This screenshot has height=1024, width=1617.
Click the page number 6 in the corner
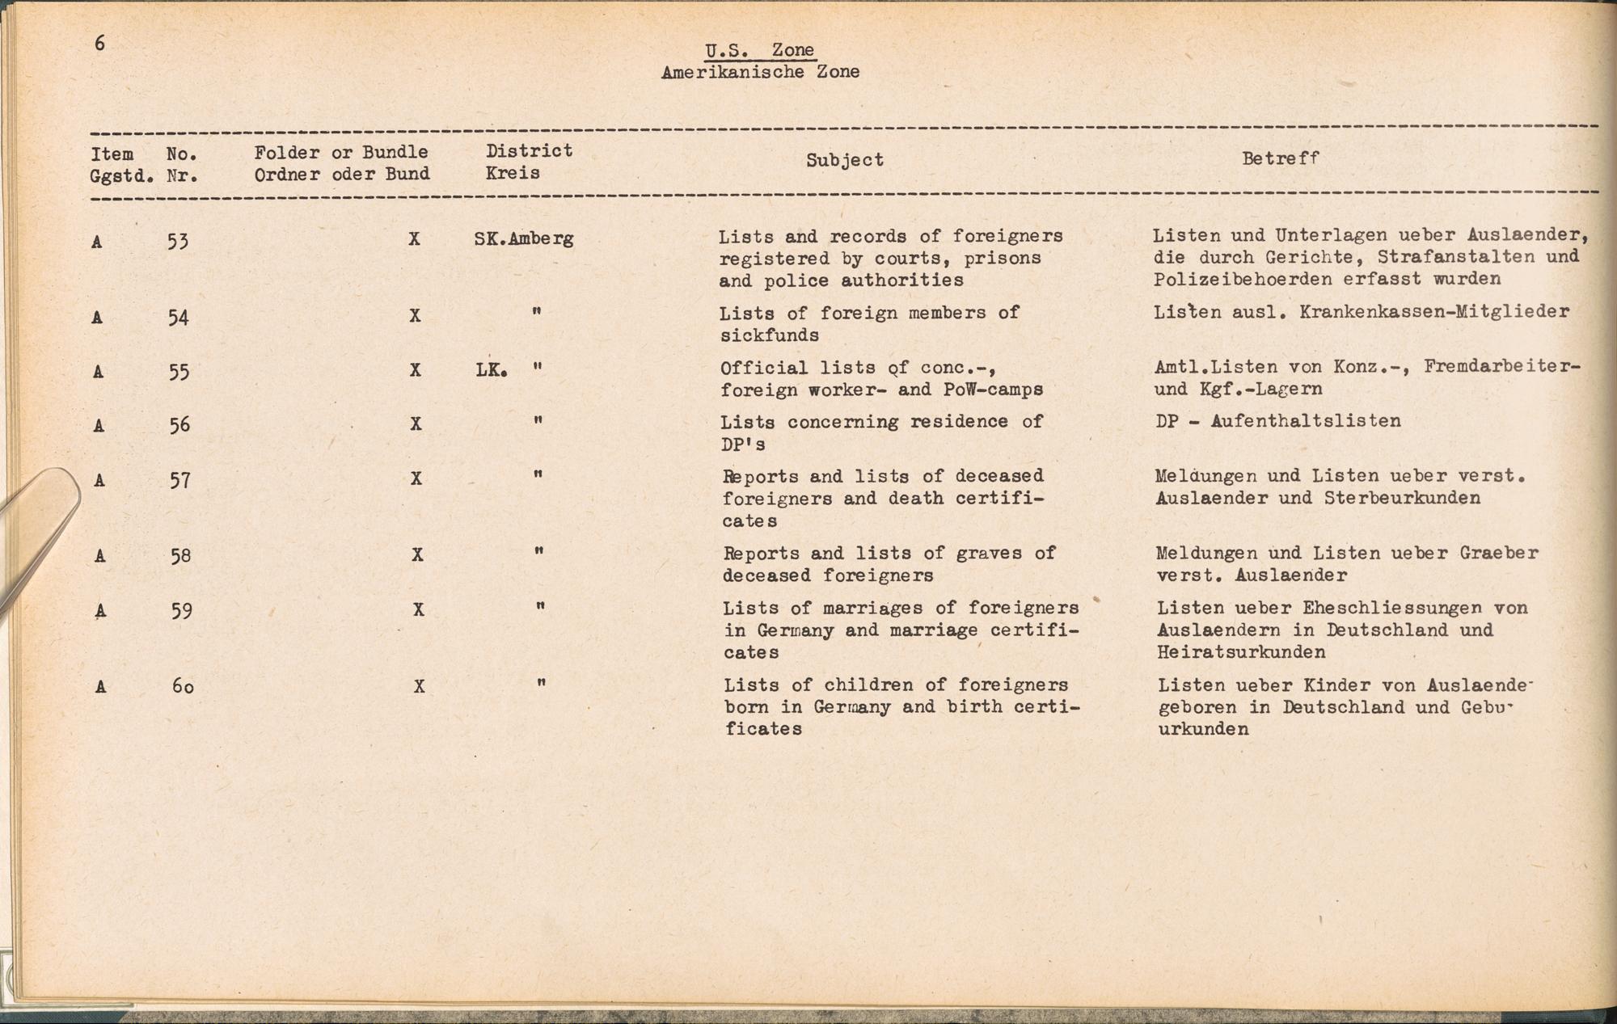click(x=99, y=44)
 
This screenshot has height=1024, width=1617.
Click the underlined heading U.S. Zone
click(x=759, y=50)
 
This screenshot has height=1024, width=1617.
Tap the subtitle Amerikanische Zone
click(x=759, y=72)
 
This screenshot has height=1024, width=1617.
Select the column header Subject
click(x=844, y=160)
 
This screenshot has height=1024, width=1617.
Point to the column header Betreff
click(x=1280, y=158)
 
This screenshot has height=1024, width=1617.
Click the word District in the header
click(x=529, y=150)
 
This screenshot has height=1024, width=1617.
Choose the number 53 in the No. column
click(x=178, y=241)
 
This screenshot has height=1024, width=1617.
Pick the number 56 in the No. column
click(x=179, y=424)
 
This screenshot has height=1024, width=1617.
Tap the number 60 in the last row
click(x=183, y=687)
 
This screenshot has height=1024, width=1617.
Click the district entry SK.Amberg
click(x=523, y=238)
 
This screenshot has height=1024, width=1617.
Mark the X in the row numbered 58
click(x=417, y=554)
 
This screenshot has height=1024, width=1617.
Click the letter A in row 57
click(x=99, y=480)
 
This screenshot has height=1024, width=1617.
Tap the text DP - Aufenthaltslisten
click(x=1277, y=421)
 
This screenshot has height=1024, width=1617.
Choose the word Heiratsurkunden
click(x=1241, y=652)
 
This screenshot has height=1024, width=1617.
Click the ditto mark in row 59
click(x=539, y=607)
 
